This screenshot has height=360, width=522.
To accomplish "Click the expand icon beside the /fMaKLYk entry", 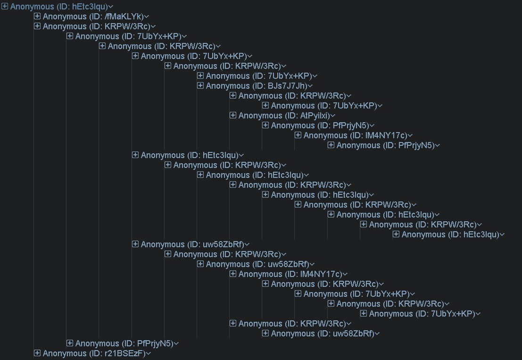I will click(37, 17).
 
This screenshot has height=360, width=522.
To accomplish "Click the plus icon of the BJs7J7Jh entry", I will click(200, 86).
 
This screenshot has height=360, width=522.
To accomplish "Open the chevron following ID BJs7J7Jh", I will click(311, 86).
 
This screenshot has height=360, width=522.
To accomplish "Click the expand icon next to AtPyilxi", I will click(233, 116).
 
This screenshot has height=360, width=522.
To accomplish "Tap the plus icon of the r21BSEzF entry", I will click(37, 353).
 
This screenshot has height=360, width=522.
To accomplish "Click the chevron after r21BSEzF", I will click(148, 354).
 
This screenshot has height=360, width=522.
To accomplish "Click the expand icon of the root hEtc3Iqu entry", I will click(5, 7).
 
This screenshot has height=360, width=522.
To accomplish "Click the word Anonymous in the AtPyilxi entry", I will click(260, 116).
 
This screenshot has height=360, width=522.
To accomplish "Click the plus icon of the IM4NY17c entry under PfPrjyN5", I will click(298, 135).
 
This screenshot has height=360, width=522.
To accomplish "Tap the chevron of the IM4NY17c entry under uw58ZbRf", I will click(345, 275).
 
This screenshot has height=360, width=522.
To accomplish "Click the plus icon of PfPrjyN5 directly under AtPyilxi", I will click(265, 126).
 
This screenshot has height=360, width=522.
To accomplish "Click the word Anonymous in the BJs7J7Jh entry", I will click(228, 86).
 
